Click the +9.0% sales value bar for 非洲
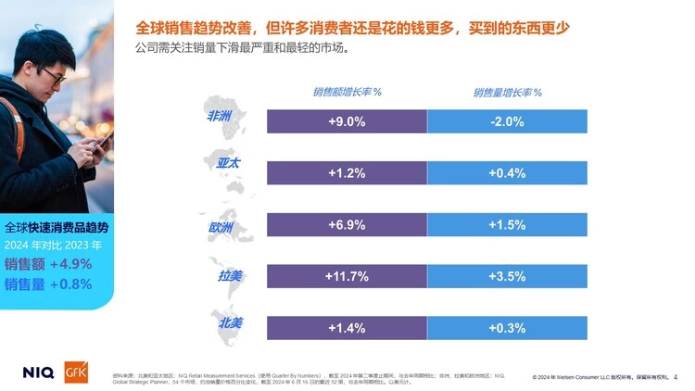(x=347, y=121)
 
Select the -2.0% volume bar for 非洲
(x=507, y=121)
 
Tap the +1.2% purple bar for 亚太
(x=347, y=173)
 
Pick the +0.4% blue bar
(x=507, y=173)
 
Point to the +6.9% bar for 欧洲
(x=347, y=225)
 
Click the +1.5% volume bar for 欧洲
(x=507, y=225)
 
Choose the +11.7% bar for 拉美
(x=347, y=276)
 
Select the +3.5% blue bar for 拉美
(x=507, y=276)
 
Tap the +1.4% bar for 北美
(x=347, y=328)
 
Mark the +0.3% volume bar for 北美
(x=507, y=328)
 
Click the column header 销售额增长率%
(x=347, y=93)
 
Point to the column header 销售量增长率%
(x=507, y=93)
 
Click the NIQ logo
(x=39, y=372)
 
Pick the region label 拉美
(x=229, y=276)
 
